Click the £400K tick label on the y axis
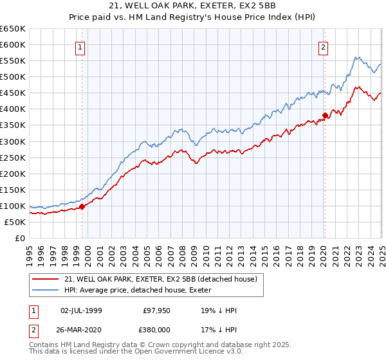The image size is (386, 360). pos(12,109)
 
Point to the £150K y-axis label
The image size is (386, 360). pos(12,190)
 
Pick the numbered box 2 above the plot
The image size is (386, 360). pos(323,46)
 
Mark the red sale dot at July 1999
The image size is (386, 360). pos(82,206)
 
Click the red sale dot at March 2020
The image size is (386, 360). pos(325,115)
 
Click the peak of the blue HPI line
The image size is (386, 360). pos(357,57)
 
